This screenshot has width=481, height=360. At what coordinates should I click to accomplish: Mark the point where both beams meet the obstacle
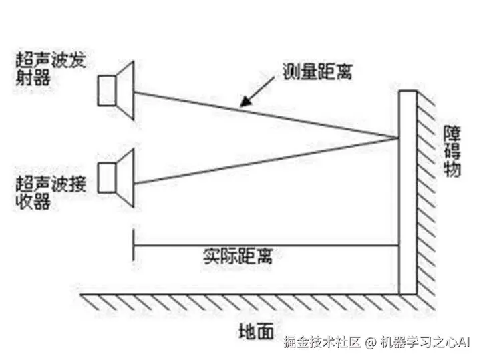[398, 138]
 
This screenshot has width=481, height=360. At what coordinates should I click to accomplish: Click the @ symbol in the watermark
[371, 343]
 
